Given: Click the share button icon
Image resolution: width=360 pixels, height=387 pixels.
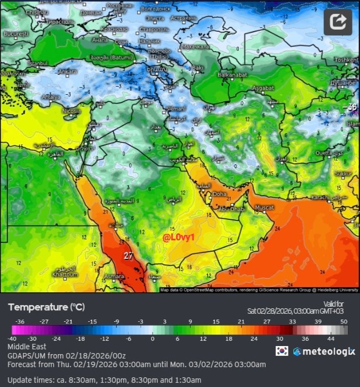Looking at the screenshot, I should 337,22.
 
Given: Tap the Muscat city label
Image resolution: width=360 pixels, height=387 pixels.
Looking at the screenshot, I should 264,208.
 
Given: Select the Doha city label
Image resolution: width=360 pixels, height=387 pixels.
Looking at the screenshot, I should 219,194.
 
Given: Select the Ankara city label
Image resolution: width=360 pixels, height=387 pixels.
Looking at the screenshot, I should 68,71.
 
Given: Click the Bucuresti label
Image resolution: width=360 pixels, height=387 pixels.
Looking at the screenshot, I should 16,33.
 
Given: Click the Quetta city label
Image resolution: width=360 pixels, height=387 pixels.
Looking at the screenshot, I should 323,153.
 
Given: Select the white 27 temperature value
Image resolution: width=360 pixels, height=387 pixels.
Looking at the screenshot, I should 128,256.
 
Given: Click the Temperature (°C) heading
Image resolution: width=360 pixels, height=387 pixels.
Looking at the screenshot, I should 46,307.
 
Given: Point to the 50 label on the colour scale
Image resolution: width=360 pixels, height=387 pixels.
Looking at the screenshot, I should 344,321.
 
